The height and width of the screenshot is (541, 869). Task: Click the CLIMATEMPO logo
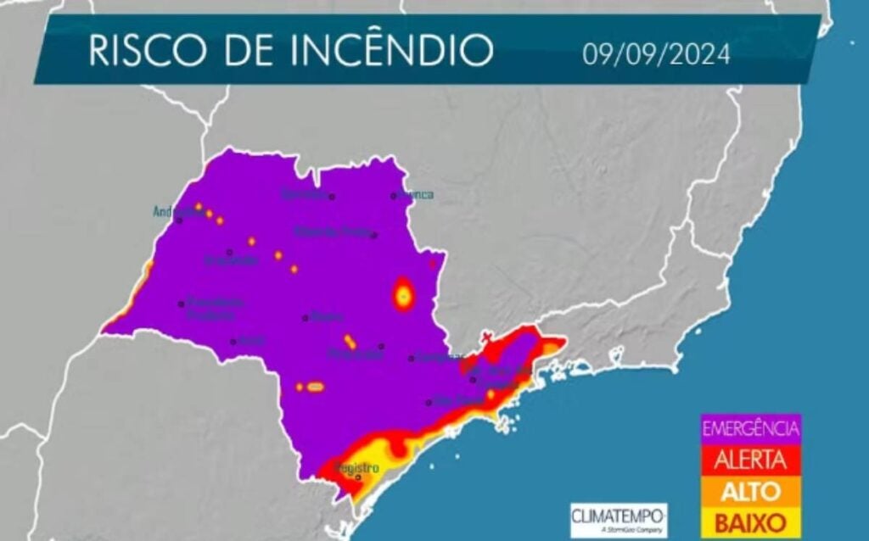(x=618, y=515)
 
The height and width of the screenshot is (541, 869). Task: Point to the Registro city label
(x=356, y=468)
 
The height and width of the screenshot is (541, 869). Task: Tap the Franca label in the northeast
(x=418, y=195)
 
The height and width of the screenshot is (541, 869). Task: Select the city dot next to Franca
(x=393, y=196)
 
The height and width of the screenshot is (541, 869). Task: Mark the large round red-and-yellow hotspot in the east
(x=404, y=294)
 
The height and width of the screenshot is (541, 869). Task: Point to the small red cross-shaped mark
(x=486, y=337)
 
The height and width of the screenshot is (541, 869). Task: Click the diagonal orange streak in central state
(x=349, y=341)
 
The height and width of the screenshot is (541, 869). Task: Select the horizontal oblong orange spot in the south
(x=315, y=387)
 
